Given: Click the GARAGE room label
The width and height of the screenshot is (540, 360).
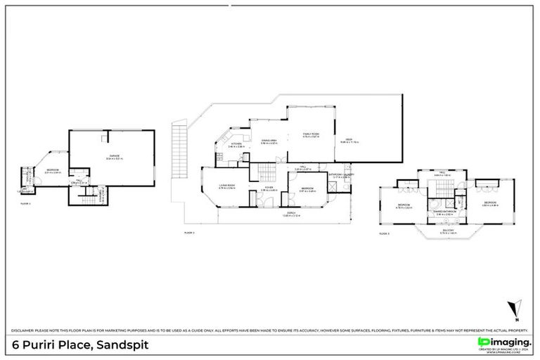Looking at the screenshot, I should [x=113, y=155].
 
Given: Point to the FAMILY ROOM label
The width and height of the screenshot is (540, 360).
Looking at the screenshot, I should [x=311, y=134].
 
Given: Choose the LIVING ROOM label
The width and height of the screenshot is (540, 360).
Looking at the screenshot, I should [x=226, y=186].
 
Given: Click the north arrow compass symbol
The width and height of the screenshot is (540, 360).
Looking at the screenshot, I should [x=517, y=308].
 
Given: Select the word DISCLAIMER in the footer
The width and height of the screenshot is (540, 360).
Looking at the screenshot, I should [x=25, y=330].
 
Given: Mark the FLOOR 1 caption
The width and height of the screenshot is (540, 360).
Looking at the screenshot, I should [x=27, y=202].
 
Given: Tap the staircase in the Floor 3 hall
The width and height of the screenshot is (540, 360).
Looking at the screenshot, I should [x=444, y=189].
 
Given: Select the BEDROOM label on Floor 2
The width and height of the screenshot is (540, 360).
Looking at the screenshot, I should [x=307, y=188].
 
